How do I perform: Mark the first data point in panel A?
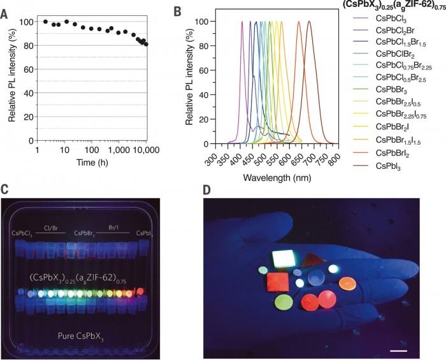pos(45,22)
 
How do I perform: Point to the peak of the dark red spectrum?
pos(310,22)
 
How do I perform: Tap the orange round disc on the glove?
pos(346,282)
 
